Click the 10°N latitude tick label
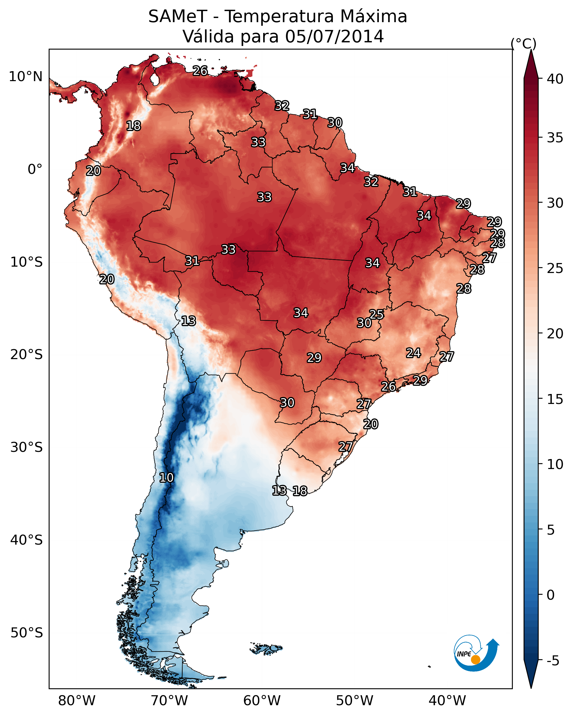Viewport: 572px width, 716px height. pos(25,77)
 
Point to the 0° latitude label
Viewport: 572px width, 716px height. pos(35,169)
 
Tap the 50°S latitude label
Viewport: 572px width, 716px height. pos(27,633)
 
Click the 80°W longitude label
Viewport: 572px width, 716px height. pos(77,700)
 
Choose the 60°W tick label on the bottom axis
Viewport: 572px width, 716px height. pos(262,700)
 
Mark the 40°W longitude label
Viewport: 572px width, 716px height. pos(447,700)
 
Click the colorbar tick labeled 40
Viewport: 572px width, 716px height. pos(555,79)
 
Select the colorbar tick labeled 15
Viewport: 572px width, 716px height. pos(555,399)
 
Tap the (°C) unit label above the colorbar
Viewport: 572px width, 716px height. pos(523,43)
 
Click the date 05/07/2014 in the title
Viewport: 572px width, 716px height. pos(334,36)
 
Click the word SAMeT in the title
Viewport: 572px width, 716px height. pos(178,17)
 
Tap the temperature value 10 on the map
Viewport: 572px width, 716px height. pos(166,478)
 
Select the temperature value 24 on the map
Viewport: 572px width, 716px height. pos(413,353)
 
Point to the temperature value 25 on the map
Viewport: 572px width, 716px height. pos(376,314)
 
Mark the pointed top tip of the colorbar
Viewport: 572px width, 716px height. pos(531,50)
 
